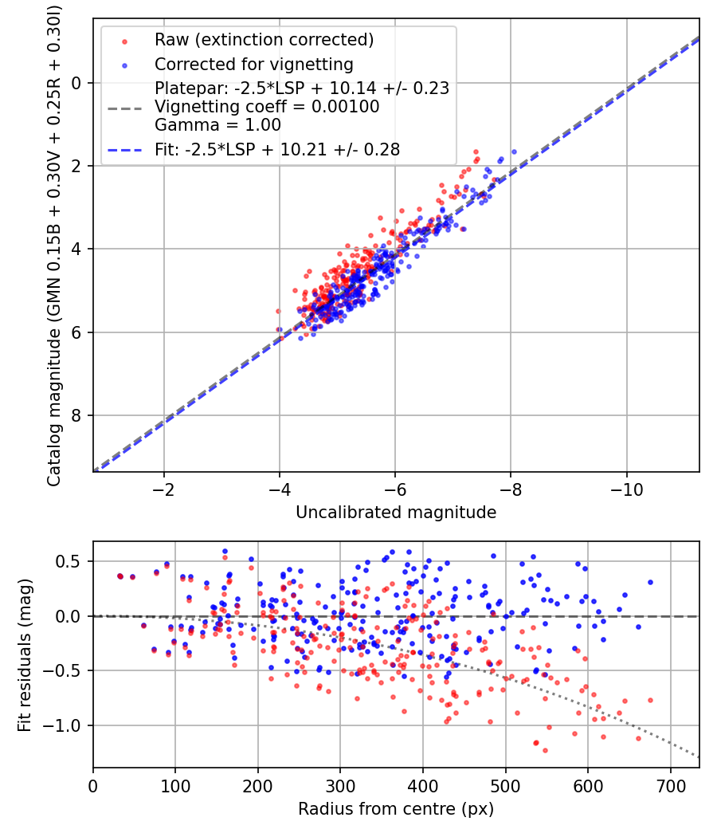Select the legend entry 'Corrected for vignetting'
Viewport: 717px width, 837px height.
tap(253, 64)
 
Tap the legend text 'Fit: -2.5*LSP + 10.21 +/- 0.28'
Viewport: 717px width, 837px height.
tap(277, 148)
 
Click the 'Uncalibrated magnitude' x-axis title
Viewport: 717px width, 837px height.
tap(396, 513)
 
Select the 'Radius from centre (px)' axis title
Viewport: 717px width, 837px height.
tap(396, 809)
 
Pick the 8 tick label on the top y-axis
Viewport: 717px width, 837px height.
tap(76, 415)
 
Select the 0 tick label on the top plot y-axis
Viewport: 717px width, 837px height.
tap(76, 83)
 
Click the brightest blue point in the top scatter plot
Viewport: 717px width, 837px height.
tap(514, 151)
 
